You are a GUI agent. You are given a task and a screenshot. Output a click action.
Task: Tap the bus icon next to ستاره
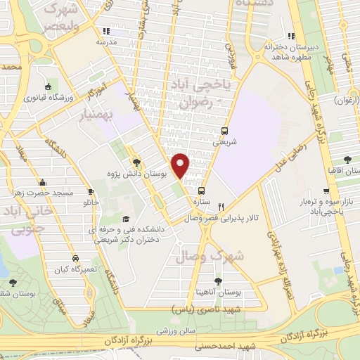coord(202,191)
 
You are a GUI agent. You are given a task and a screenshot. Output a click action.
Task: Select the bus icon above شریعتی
coord(225,131)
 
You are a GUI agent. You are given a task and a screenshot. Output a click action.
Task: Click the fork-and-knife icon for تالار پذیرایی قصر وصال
coord(221,207)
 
